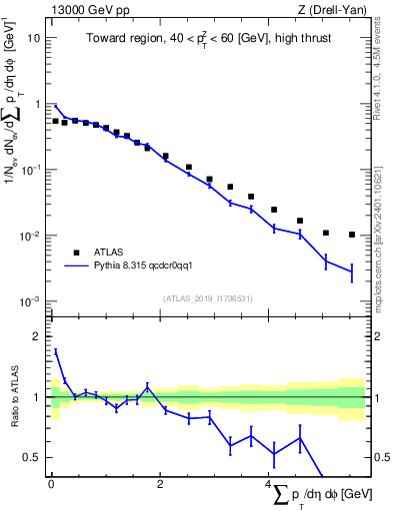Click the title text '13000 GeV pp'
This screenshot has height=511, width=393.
pos(82,11)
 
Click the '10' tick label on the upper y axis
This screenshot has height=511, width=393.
pos(33,38)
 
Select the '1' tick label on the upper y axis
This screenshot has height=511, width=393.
pos(36,104)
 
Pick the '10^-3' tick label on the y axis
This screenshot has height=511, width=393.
pos(31,302)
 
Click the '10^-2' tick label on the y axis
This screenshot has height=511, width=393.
pos(31,237)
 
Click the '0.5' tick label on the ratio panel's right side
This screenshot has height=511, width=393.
pos(382,458)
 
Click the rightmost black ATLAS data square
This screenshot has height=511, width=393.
pos(352,235)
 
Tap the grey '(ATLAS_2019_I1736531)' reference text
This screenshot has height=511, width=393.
pos(207,298)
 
